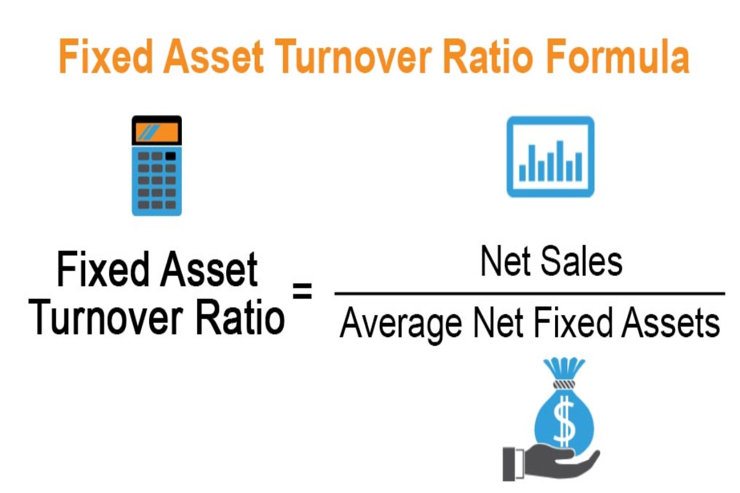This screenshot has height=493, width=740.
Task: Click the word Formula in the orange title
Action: (x=618, y=57)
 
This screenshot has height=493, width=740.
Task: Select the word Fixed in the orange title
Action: (x=105, y=57)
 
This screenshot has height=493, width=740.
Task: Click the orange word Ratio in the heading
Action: (x=488, y=57)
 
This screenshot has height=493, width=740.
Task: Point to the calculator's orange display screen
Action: (x=157, y=132)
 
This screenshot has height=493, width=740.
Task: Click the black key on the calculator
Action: (x=170, y=156)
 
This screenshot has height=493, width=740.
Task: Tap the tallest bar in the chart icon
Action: (x=560, y=161)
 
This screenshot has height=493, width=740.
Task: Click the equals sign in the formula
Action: (x=302, y=291)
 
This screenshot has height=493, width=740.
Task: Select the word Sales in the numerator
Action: (x=582, y=262)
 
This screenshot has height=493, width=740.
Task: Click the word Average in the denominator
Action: (x=401, y=324)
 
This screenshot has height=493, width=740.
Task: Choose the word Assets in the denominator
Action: (x=670, y=322)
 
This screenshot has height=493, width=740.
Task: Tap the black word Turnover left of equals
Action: (x=105, y=317)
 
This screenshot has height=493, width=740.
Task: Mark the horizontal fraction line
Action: (x=530, y=293)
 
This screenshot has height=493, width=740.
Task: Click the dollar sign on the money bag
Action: (x=564, y=422)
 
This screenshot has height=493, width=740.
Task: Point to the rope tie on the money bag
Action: (x=564, y=385)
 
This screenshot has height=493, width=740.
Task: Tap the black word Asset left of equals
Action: (x=208, y=269)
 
